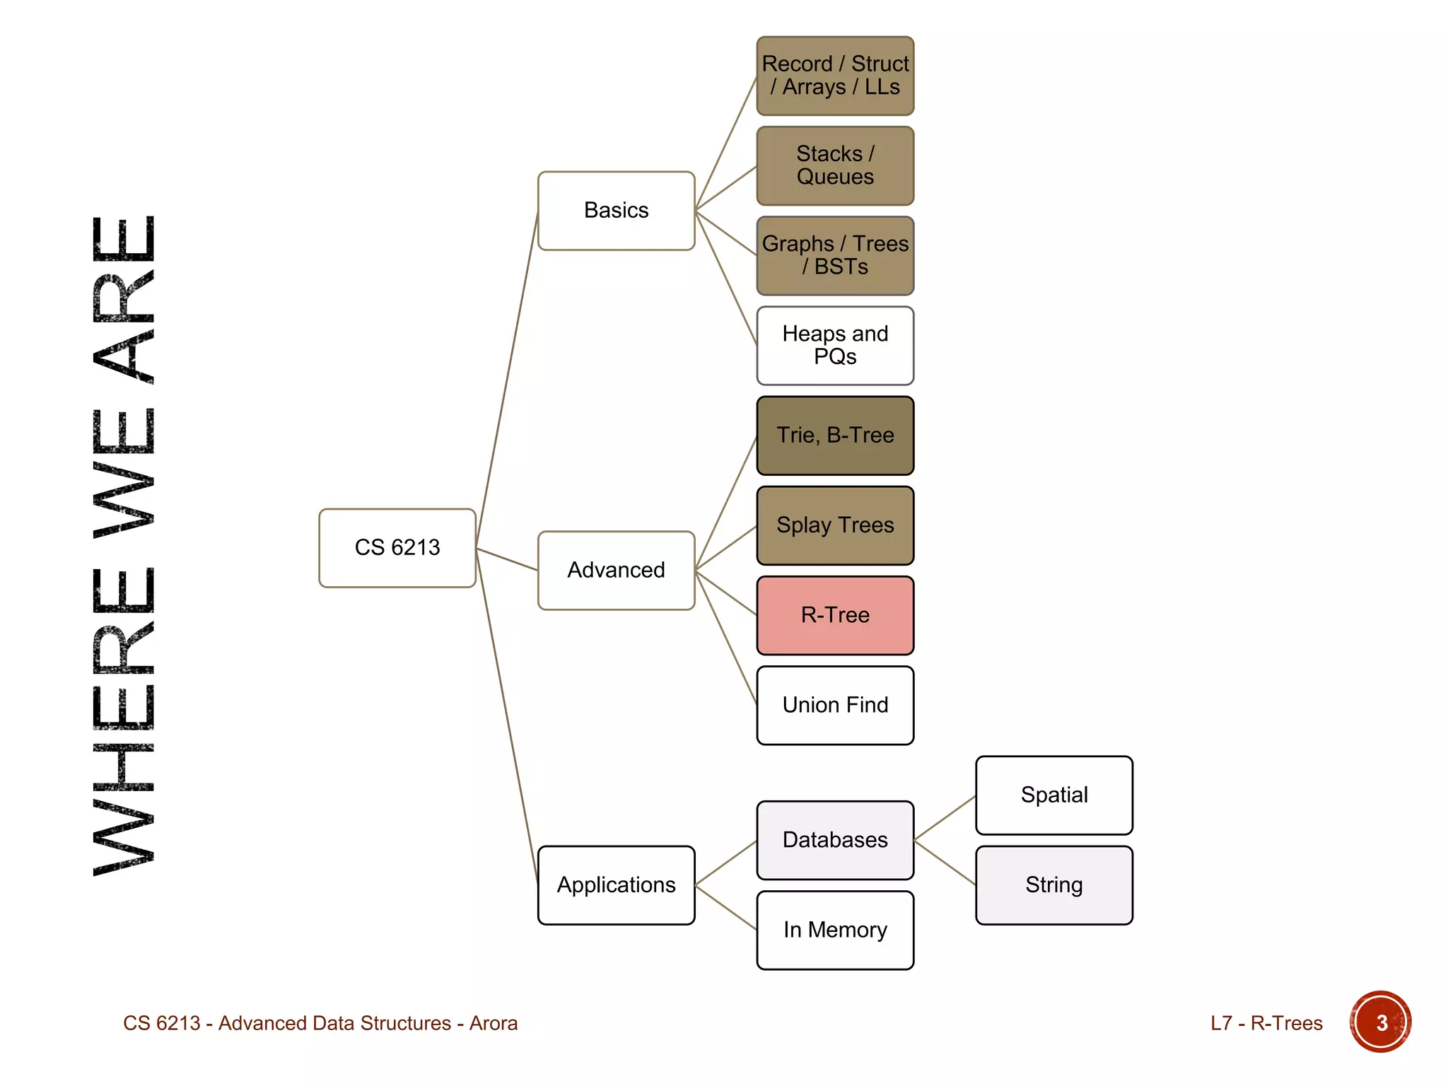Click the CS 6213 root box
point(397,548)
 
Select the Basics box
point(616,211)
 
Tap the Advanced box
point(616,571)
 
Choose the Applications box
point(616,885)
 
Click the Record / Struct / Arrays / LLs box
point(835,76)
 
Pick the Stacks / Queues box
point(835,165)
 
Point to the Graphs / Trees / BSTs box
point(835,255)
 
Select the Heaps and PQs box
point(835,345)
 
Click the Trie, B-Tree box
point(835,436)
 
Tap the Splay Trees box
point(835,525)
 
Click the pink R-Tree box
point(835,615)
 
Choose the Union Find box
point(835,705)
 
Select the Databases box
point(835,840)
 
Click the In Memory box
point(835,930)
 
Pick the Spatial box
point(1054,795)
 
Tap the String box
point(1054,885)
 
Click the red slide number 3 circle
point(1380,1022)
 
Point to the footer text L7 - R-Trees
point(1266,1023)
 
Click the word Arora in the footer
point(494,1023)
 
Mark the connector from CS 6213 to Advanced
point(507,559)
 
